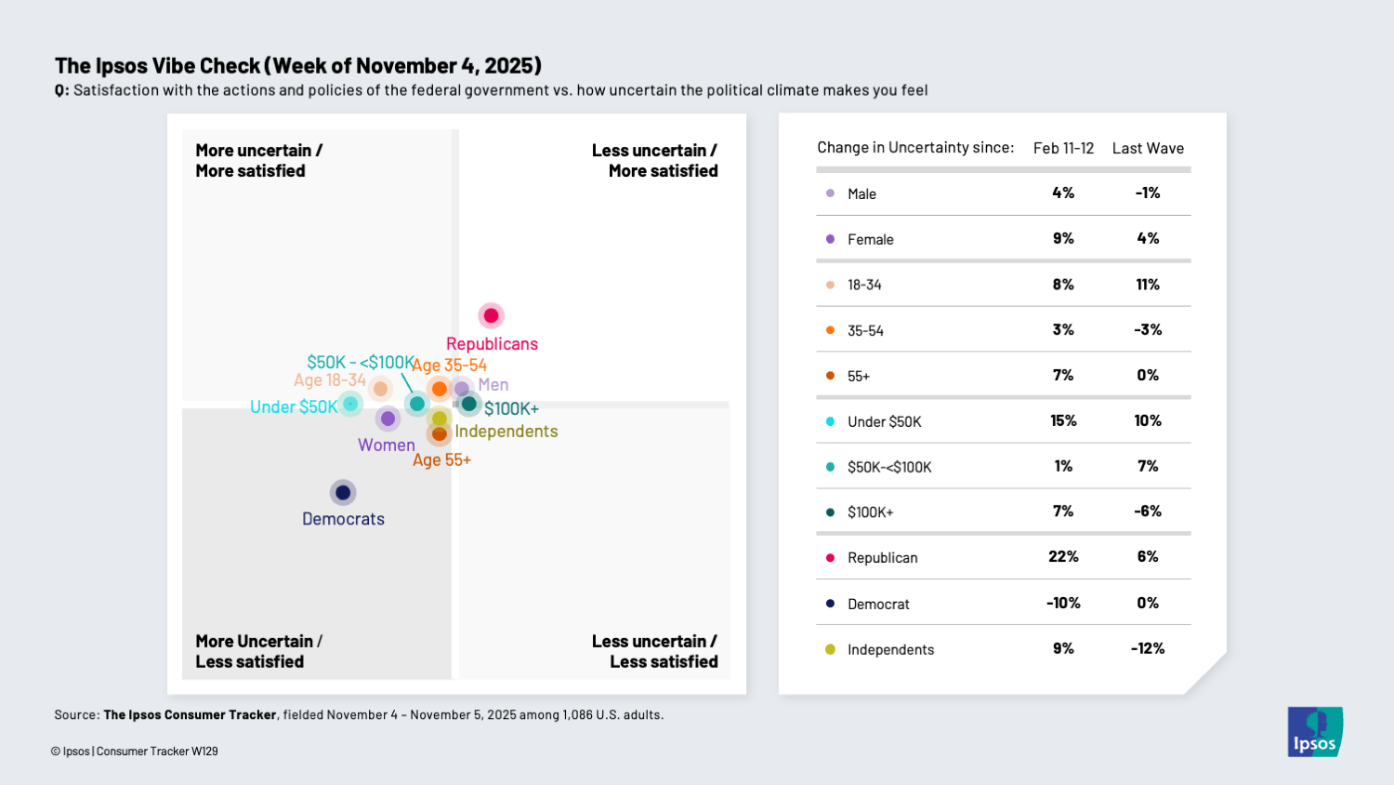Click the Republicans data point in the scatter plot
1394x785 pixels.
pos(491,316)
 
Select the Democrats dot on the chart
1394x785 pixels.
pos(343,492)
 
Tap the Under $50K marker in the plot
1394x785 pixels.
pos(350,404)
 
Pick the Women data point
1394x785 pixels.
pos(388,419)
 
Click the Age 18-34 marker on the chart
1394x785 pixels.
pos(380,389)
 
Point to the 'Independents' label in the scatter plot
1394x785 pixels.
pos(506,432)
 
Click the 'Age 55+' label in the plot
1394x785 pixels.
pos(441,460)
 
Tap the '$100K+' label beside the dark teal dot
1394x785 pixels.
pos(511,409)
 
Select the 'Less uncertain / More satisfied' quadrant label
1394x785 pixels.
pos(654,161)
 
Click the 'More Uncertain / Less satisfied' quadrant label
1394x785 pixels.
pos(258,651)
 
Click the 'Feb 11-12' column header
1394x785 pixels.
pos(1063,149)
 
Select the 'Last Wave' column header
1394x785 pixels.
pos(1148,149)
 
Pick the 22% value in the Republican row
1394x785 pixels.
pos(1063,557)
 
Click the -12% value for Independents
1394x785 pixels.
pos(1148,648)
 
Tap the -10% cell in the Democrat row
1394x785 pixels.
pos(1063,603)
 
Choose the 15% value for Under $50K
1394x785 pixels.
pos(1063,421)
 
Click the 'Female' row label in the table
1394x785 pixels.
pos(870,240)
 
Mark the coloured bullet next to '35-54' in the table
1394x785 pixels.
pos(830,330)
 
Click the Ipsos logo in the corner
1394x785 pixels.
pos(1314,732)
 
